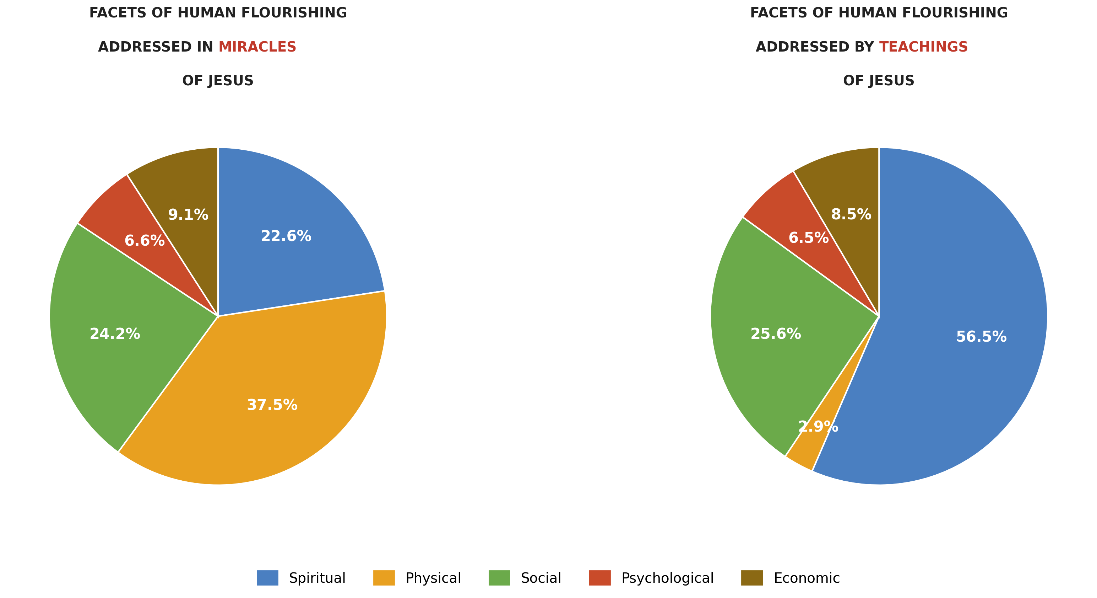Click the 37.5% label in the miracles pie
click(272, 405)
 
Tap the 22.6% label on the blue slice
click(286, 236)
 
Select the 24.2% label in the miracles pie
click(115, 334)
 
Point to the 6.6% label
click(145, 241)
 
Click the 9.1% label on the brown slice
click(188, 215)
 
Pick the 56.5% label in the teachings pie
click(981, 337)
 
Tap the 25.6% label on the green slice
click(776, 334)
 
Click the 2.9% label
click(818, 427)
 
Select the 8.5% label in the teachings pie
click(851, 214)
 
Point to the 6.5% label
click(808, 238)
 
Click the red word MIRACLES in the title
click(257, 47)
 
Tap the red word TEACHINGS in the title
click(923, 47)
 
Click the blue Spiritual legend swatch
click(267, 578)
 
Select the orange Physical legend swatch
click(384, 578)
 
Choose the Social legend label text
click(541, 578)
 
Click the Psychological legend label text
click(667, 578)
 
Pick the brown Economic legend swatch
click(751, 578)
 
